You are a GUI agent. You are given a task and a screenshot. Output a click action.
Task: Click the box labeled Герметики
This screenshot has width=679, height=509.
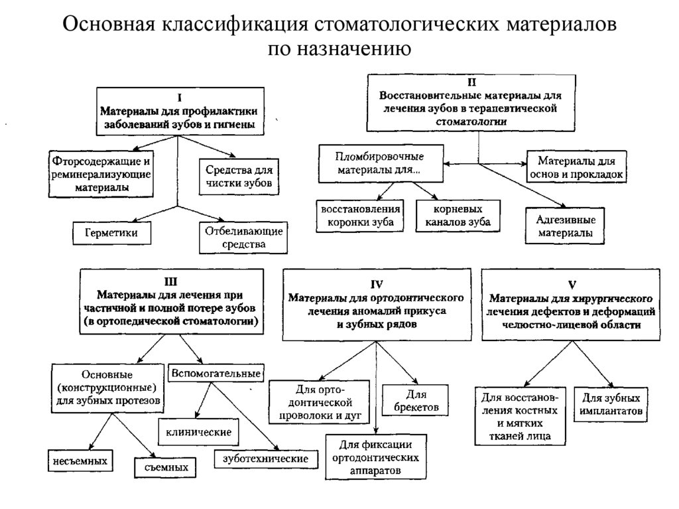[x=110, y=233]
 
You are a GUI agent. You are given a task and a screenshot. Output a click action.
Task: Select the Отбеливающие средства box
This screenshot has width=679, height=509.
[x=242, y=238]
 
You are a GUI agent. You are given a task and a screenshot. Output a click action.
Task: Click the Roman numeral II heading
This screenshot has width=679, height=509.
[x=471, y=83]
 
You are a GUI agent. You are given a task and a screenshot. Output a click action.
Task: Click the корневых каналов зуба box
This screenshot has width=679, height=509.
[x=458, y=215]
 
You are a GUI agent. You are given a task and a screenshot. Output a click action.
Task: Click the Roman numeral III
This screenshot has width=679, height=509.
[x=171, y=279]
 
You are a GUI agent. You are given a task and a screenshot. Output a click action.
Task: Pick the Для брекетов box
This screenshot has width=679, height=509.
[x=416, y=400]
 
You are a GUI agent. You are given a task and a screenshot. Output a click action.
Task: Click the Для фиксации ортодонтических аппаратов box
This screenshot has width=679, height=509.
[x=376, y=457]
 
